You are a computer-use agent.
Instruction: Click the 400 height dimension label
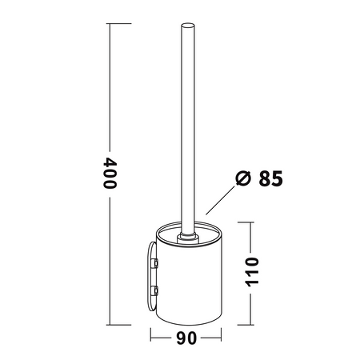pos(110,174)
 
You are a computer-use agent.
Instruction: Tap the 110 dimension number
pos(252,272)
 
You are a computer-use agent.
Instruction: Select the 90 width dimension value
pos(186,338)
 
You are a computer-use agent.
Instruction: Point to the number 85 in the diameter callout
pos(270,178)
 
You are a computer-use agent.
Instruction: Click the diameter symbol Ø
pos(243,178)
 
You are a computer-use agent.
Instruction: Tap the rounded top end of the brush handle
pos(188,26)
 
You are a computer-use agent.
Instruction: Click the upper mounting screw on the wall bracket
pos(154,263)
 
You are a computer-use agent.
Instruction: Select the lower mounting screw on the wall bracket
pos(154,290)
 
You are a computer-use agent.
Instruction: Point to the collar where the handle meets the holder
pos(188,238)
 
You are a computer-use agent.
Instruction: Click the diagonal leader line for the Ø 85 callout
pos(220,200)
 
